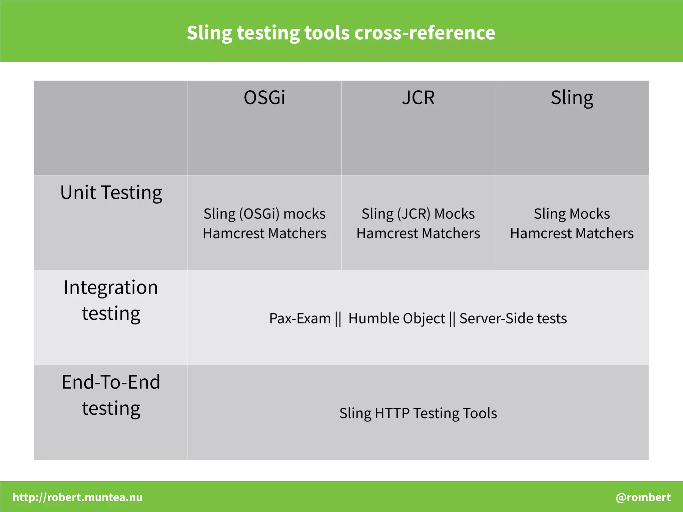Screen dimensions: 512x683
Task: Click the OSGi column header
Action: tap(264, 98)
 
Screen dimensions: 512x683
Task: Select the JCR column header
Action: tap(418, 98)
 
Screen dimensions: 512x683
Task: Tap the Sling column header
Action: tap(572, 98)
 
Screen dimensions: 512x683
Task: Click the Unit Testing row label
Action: tap(111, 193)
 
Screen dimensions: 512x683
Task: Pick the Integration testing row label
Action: tap(111, 300)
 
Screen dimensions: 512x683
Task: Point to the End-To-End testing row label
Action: tap(111, 395)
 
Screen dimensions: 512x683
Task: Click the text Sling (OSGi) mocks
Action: tap(264, 214)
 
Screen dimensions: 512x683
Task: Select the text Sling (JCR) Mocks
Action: tap(418, 214)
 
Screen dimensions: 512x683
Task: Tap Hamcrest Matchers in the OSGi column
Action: tap(264, 234)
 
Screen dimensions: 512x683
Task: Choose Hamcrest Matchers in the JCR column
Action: tap(418, 234)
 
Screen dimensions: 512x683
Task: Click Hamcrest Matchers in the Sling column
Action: tap(572, 234)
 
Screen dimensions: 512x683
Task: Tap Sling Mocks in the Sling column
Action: tap(572, 214)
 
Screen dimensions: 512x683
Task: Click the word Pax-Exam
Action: tap(300, 318)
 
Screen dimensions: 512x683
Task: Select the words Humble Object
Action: tap(397, 318)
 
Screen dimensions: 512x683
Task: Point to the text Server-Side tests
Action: tap(513, 318)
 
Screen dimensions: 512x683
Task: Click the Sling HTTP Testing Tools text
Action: tap(418, 413)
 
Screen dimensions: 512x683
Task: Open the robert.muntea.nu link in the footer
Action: tap(78, 497)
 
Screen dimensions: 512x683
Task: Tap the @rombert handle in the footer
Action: tap(643, 497)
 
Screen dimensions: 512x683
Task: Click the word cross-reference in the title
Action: tap(425, 33)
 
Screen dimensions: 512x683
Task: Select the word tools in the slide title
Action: tap(326, 33)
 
